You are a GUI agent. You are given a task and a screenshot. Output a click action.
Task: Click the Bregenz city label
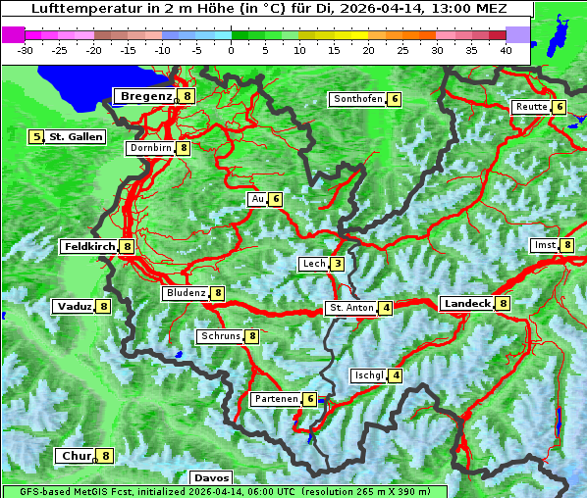point(146,96)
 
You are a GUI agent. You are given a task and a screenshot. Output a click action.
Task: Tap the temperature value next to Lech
point(337,264)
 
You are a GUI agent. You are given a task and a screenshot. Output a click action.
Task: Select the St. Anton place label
point(351,308)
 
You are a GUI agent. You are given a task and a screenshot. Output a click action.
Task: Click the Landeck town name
point(466,304)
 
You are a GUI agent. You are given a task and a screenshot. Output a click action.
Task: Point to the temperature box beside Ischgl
point(395,375)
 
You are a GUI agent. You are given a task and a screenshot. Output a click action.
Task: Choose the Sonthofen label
point(357,99)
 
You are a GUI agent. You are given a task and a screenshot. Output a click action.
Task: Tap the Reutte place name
point(530,107)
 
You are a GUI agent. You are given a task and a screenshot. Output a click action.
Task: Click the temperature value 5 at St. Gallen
point(36,137)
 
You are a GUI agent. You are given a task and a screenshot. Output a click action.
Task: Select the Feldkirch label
point(89,247)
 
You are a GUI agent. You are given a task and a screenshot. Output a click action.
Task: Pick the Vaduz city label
point(75,307)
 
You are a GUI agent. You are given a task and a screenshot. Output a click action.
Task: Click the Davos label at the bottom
point(211,478)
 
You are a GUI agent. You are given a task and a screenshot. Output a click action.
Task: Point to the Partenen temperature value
point(309,399)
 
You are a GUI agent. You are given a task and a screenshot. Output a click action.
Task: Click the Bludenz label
point(186,293)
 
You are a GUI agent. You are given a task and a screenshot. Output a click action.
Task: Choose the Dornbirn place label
point(150,148)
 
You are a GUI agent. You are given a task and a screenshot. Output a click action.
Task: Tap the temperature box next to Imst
point(566,245)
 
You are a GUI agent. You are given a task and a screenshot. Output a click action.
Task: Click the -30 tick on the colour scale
point(26,49)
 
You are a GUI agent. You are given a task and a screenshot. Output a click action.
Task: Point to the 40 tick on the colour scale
point(506,49)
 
